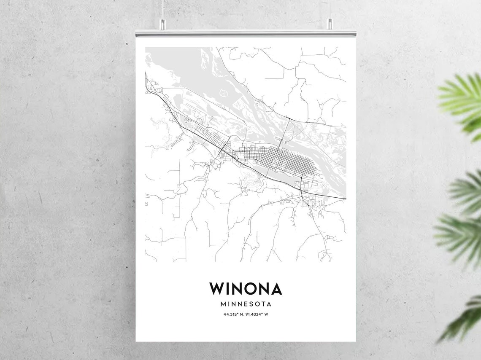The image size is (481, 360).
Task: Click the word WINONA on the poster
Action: (246, 289)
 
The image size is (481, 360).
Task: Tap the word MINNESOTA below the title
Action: (246, 304)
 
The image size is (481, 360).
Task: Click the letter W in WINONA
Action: (218, 289)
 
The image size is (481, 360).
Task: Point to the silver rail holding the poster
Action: (246, 33)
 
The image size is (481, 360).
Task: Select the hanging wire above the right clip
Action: (329, 8)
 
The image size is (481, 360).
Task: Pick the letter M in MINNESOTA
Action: (223, 304)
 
